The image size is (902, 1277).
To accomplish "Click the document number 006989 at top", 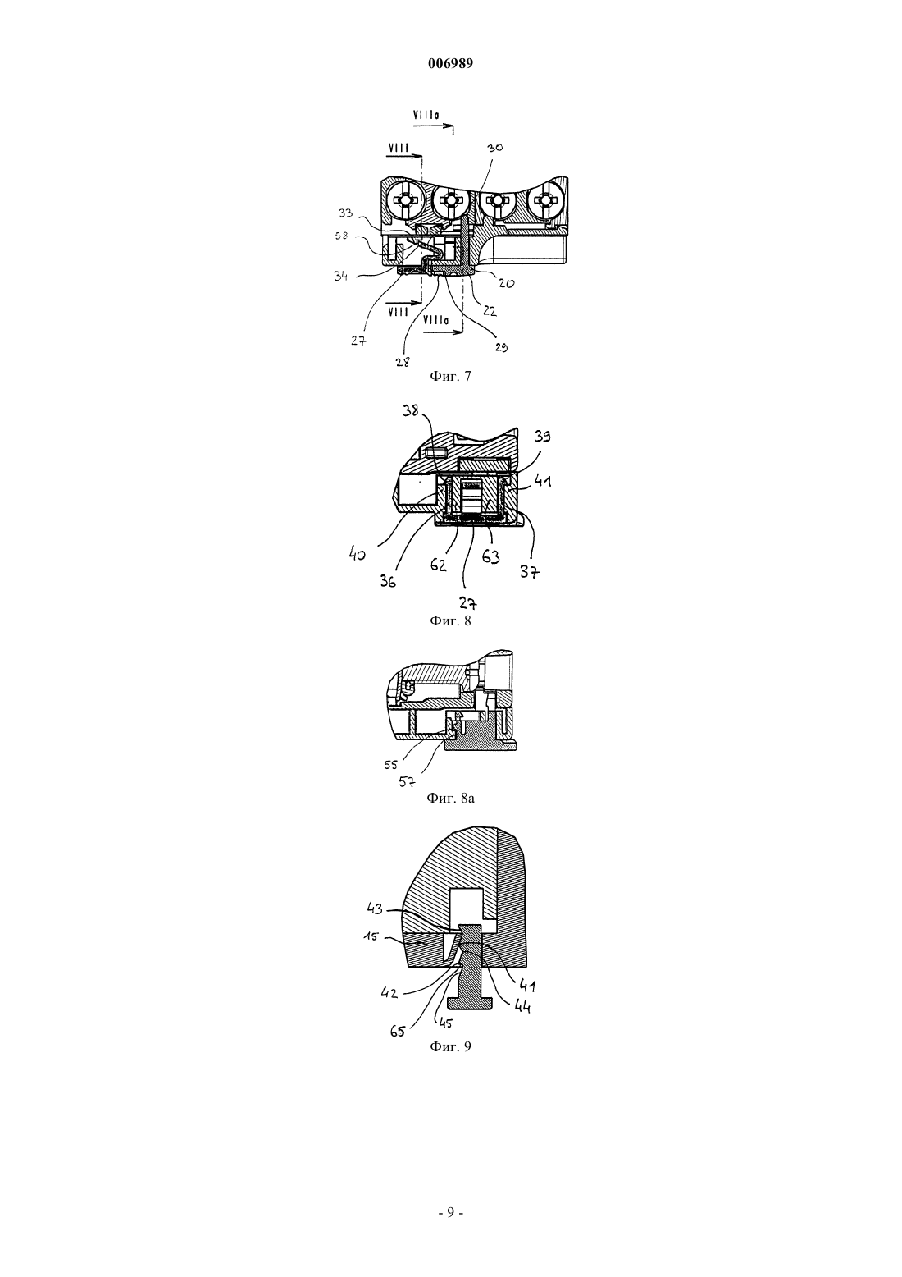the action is click(450, 64).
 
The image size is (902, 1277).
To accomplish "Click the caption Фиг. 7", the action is click(450, 376).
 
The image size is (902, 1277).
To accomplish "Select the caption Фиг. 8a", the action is click(450, 798).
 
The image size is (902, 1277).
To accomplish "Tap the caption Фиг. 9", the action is click(450, 1046).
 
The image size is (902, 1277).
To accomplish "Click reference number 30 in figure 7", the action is click(494, 148).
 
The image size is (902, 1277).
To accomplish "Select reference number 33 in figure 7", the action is click(345, 213).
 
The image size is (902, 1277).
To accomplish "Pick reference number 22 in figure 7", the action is click(490, 311).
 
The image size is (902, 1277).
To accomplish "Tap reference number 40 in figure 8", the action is click(358, 553).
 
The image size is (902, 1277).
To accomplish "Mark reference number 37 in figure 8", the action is click(530, 571).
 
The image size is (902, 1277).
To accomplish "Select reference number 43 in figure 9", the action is click(375, 909).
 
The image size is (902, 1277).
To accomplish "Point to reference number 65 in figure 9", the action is click(398, 1031).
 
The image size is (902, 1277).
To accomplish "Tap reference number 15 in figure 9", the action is click(371, 937).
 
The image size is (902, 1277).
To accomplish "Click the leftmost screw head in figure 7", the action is click(404, 202).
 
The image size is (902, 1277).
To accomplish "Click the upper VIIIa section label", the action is click(426, 115).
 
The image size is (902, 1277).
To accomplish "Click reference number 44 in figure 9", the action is click(522, 1007).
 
